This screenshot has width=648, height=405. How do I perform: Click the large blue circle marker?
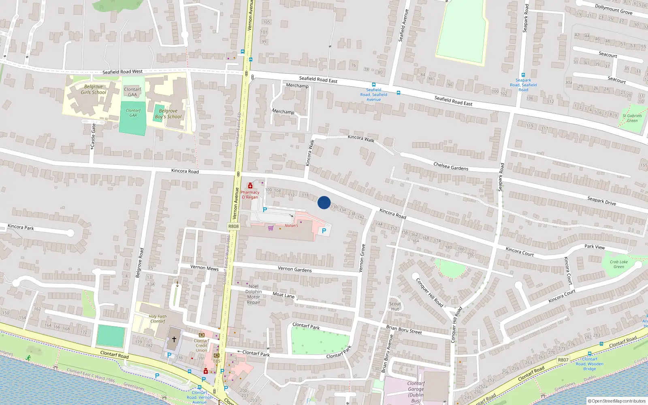(324, 202)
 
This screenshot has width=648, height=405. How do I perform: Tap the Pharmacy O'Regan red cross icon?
(250, 186)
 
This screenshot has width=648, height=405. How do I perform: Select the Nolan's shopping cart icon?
(271, 228)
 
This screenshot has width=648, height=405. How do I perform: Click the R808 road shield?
(234, 226)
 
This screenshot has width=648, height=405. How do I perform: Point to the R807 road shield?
(563, 360)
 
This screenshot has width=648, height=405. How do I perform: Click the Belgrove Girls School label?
(94, 90)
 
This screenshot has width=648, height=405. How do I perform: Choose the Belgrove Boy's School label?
(168, 114)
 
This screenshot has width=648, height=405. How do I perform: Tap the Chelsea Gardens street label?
(451, 166)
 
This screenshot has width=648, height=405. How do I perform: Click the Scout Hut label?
(395, 306)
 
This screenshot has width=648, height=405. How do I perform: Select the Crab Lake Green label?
(619, 264)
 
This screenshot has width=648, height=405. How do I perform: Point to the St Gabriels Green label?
(632, 118)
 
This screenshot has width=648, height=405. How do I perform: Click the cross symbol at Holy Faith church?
(174, 339)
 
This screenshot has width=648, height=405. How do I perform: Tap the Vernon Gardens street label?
(295, 269)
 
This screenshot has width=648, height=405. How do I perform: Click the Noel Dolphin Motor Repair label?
(254, 294)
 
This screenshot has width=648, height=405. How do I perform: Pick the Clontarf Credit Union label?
(201, 345)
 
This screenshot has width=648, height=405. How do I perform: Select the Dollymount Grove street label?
(614, 9)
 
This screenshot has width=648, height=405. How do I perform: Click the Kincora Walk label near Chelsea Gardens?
(361, 139)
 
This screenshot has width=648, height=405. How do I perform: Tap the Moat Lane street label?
(283, 295)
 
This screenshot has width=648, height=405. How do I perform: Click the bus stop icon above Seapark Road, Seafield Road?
(523, 75)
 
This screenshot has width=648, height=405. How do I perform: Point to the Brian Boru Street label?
(404, 329)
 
